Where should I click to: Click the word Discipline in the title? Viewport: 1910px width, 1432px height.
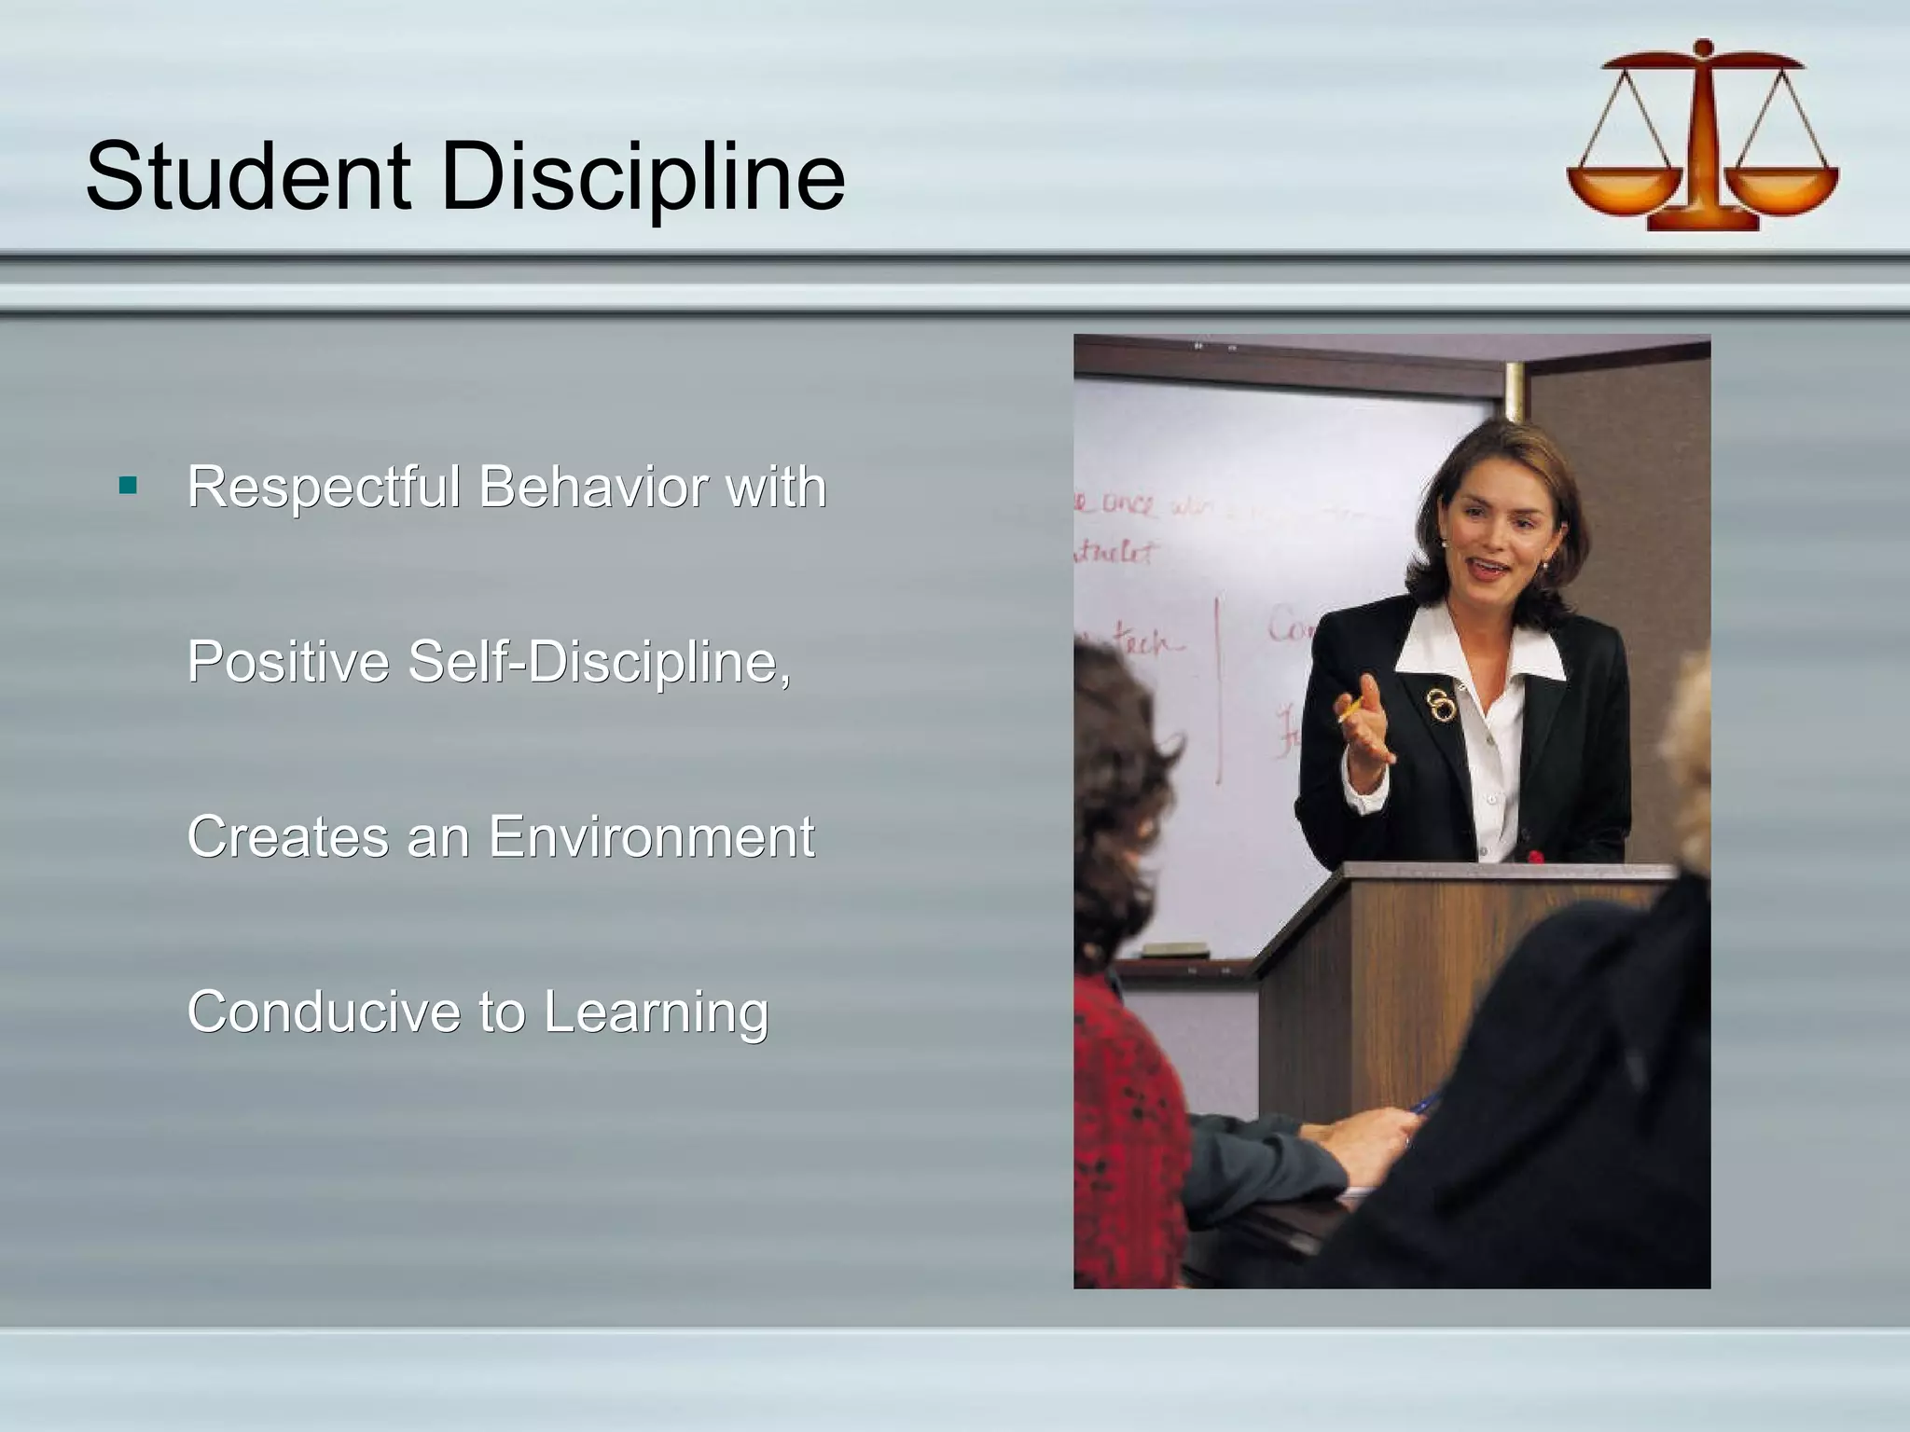pyautogui.click(x=643, y=177)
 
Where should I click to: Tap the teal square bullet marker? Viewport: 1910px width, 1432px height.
pyautogui.click(x=129, y=485)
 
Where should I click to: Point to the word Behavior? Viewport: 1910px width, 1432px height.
pyautogui.click(x=593, y=487)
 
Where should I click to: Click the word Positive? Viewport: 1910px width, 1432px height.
pyautogui.click(x=288, y=661)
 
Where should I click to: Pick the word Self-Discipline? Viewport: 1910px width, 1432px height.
pyautogui.click(x=599, y=661)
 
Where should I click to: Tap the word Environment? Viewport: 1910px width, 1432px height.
pyautogui.click(x=651, y=836)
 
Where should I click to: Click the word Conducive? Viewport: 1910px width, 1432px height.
pyautogui.click(x=325, y=1012)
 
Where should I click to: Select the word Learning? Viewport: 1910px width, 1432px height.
pyautogui.click(x=656, y=1012)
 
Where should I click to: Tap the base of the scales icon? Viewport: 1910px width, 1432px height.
pyautogui.click(x=1703, y=222)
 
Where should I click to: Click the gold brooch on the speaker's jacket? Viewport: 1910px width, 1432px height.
pyautogui.click(x=1442, y=704)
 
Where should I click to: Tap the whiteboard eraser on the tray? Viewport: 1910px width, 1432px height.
pyautogui.click(x=1176, y=950)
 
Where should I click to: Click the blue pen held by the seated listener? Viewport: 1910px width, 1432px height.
pyautogui.click(x=1423, y=1106)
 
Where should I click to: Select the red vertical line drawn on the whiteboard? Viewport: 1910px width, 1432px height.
pyautogui.click(x=1218, y=690)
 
